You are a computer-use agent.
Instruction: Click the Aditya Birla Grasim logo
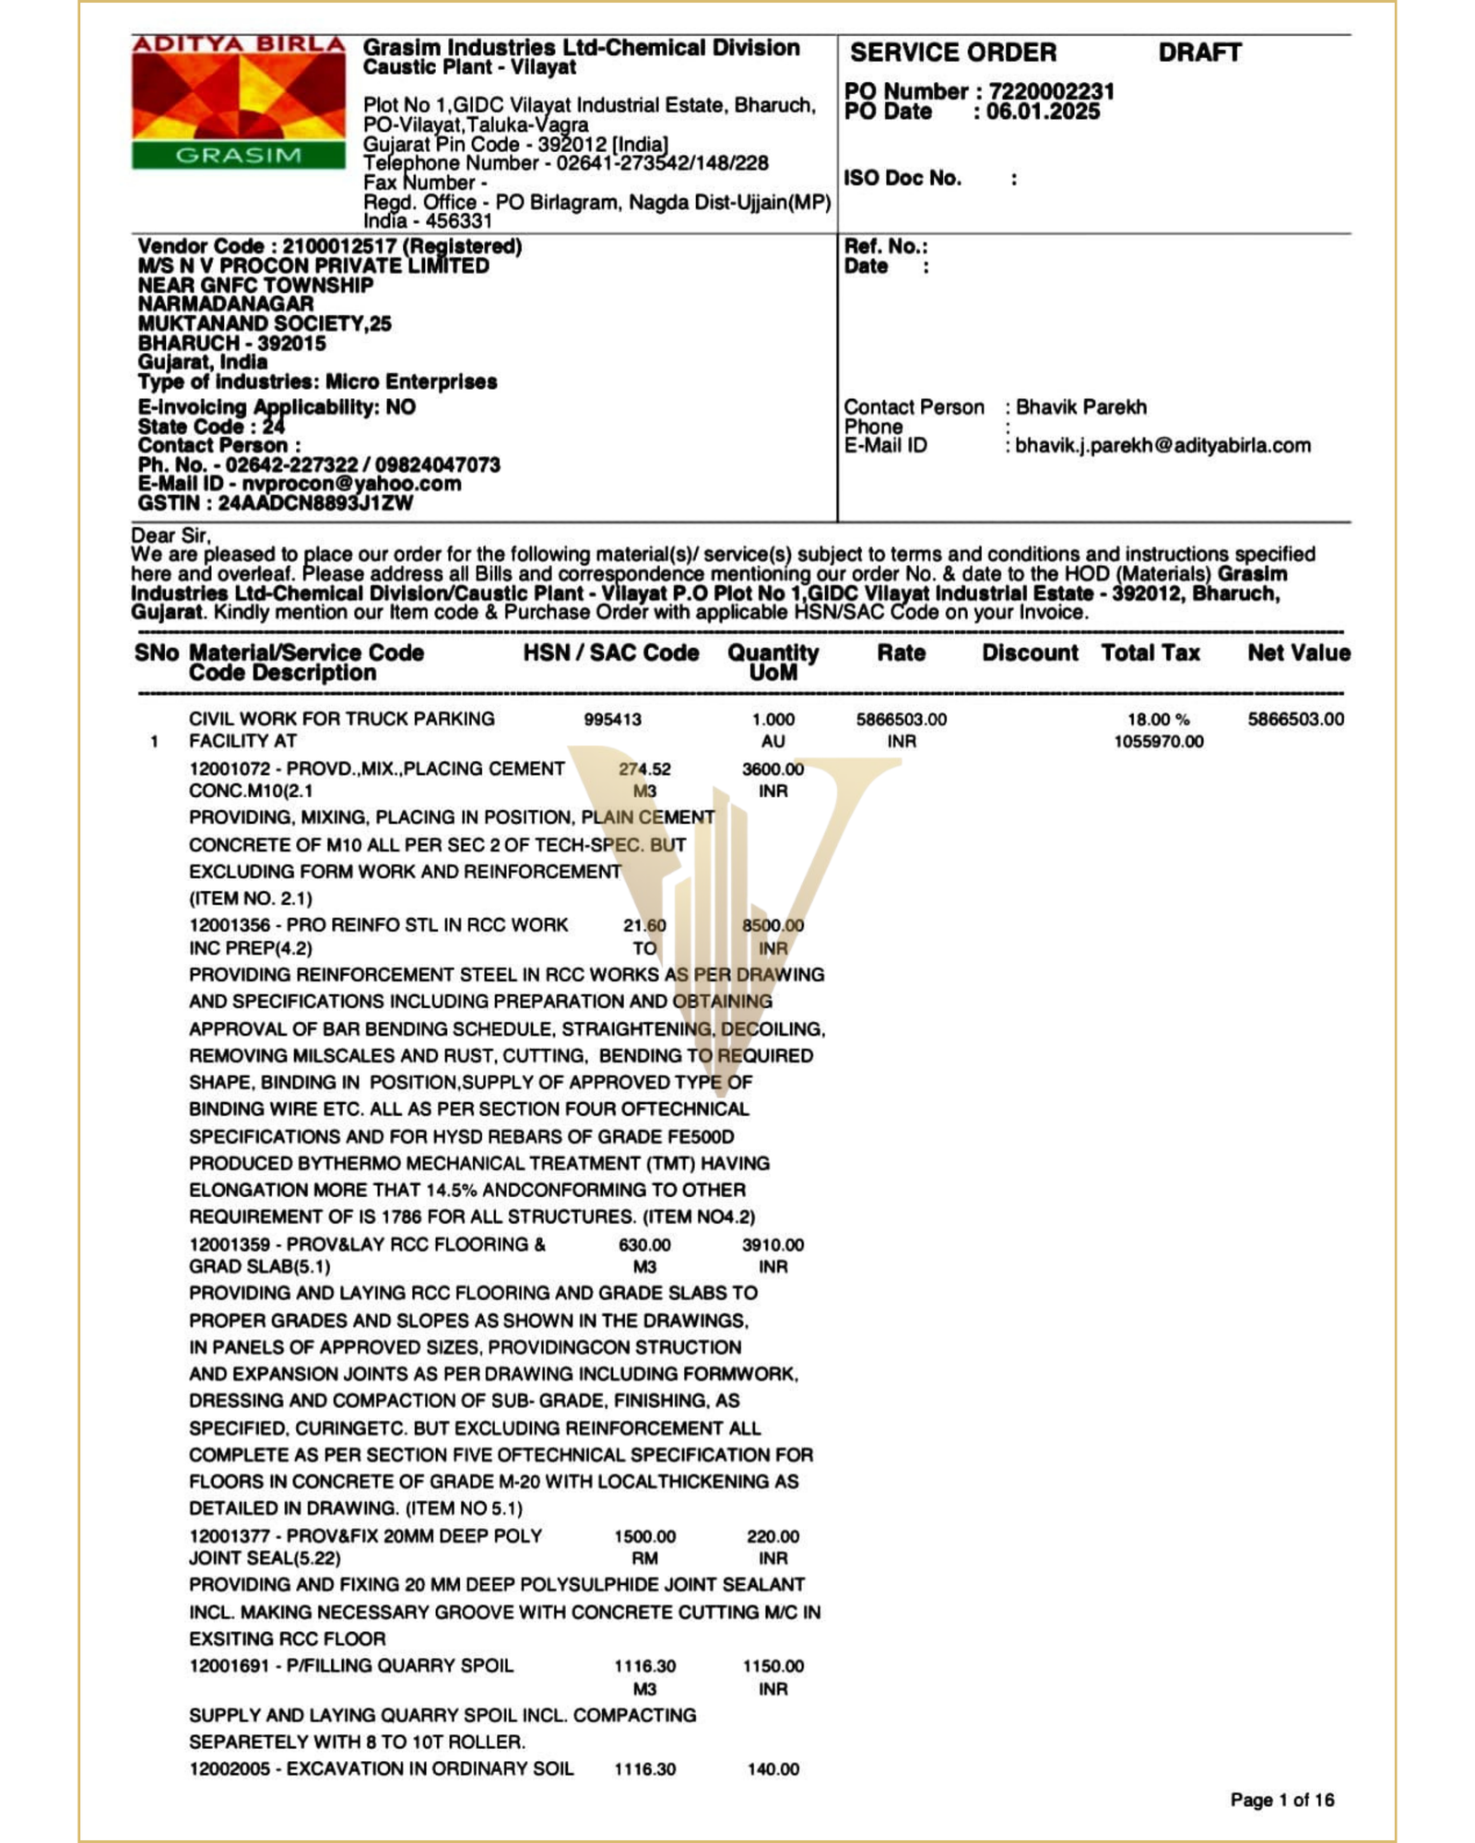point(238,102)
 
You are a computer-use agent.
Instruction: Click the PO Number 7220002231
point(1051,91)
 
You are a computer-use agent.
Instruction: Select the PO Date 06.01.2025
point(1043,112)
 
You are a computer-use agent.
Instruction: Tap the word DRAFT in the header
point(1199,53)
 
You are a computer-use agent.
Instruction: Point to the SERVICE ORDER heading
point(953,53)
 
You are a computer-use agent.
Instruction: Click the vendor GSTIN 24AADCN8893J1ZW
point(315,503)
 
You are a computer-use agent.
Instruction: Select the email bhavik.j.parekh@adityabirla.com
point(1162,446)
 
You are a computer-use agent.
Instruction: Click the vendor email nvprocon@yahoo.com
point(351,484)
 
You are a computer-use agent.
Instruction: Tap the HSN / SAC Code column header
point(611,653)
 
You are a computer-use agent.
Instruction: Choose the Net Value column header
point(1298,653)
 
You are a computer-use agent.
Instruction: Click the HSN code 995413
point(612,720)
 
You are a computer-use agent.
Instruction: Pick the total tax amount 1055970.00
point(1158,742)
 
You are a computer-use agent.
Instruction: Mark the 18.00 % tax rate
point(1158,720)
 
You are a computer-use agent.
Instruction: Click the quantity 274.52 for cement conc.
point(644,769)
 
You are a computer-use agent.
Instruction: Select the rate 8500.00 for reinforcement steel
point(773,925)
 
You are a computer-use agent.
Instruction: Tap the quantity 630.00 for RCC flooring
point(644,1245)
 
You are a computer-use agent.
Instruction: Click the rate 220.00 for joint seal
point(773,1536)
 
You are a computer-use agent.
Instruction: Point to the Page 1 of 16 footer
point(1281,1800)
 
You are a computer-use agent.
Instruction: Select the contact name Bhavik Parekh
point(1081,407)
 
